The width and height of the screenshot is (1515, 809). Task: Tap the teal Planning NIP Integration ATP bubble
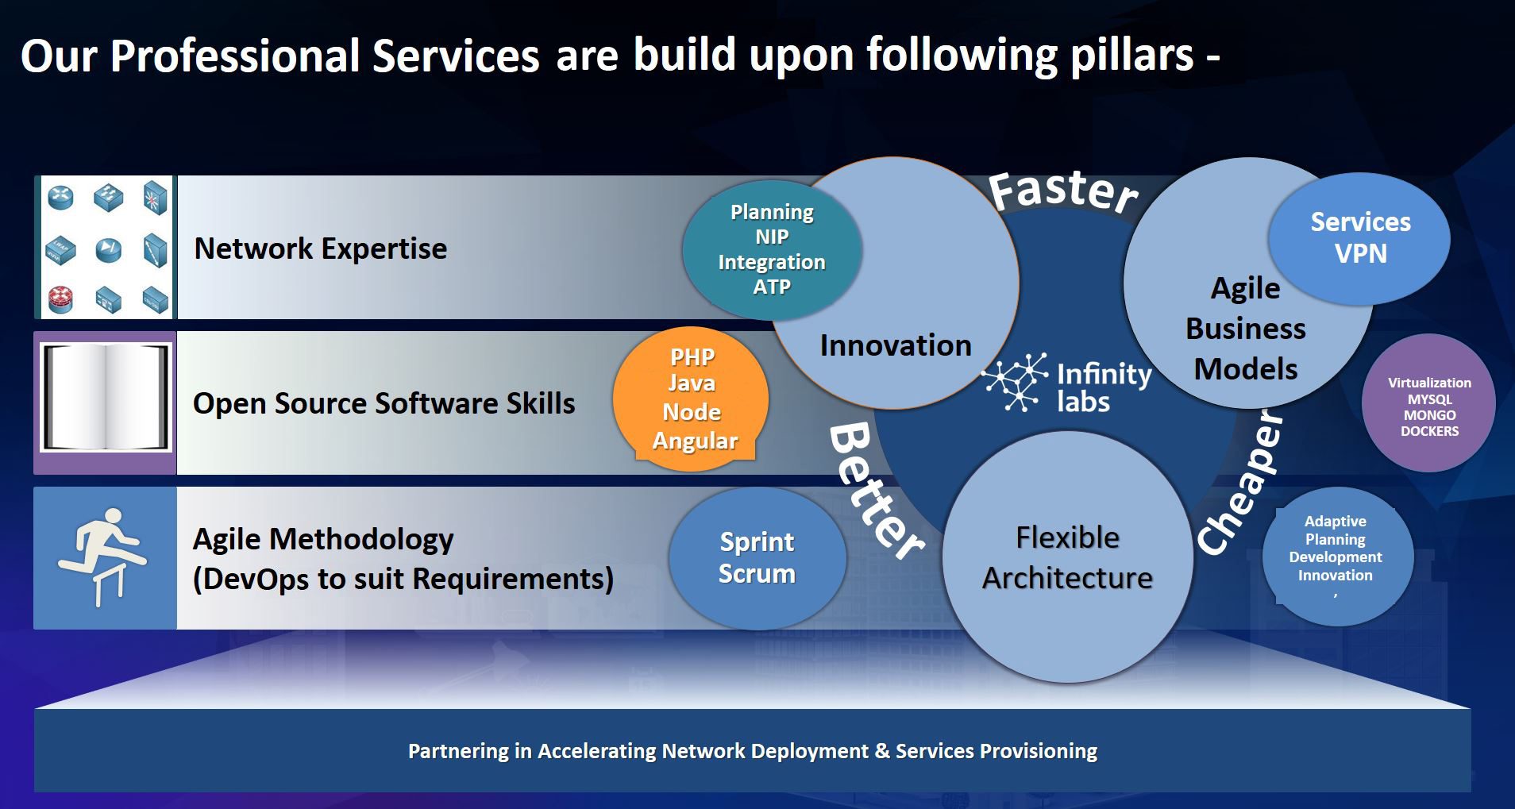point(771,249)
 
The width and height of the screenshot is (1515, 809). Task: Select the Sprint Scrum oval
point(757,557)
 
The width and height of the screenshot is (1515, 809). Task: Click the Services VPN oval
point(1359,237)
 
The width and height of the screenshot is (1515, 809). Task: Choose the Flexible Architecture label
point(1067,557)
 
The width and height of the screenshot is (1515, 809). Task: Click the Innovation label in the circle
point(895,345)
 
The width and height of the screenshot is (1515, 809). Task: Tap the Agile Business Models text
point(1245,329)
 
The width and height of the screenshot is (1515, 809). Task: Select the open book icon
point(106,398)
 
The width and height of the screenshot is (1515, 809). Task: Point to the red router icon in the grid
point(60,298)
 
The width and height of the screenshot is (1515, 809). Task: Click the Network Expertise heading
point(320,248)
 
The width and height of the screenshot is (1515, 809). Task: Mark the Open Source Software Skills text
point(384,403)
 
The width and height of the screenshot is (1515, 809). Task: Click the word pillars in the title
point(1131,56)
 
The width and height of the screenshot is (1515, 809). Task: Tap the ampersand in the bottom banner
point(881,751)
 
